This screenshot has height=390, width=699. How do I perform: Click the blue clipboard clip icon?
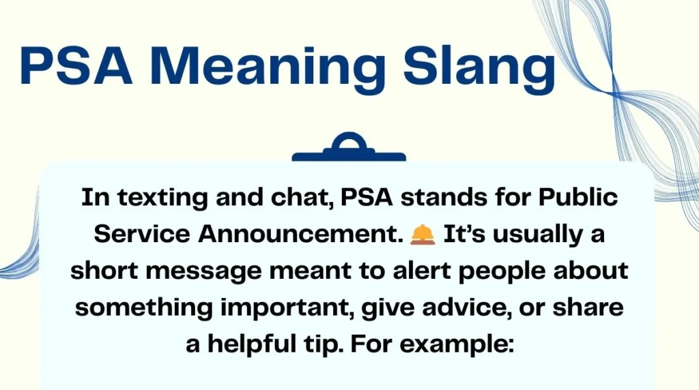click(349, 149)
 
